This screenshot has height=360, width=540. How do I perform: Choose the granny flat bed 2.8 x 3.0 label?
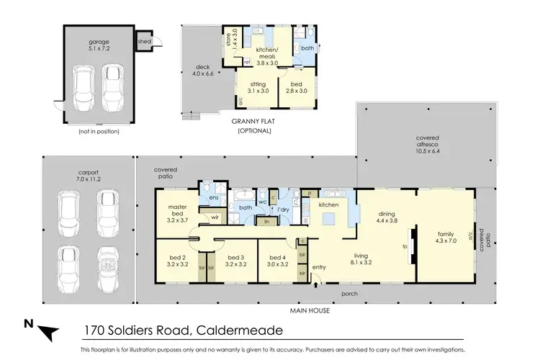click(297, 87)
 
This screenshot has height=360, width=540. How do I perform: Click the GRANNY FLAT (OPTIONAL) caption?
click(251, 127)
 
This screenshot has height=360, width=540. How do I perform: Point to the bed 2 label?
click(178, 261)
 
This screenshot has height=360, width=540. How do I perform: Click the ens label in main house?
click(214, 197)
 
